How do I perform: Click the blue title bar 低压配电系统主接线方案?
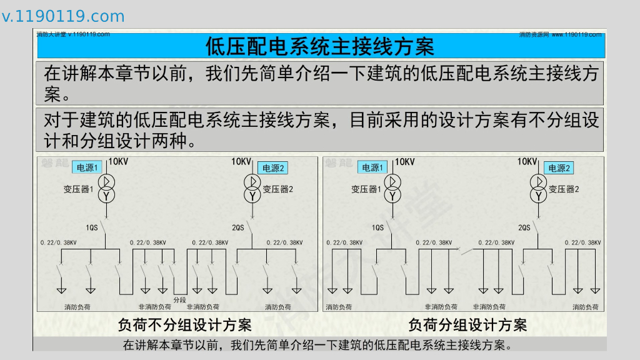(320, 46)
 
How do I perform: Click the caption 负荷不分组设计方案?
(185, 325)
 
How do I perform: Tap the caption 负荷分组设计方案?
(467, 325)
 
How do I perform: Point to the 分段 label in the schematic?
(180, 300)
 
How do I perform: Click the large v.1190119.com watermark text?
(63, 16)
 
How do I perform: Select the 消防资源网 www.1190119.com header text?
(560, 34)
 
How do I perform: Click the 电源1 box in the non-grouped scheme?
(87, 167)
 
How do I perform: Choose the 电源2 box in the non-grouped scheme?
(273, 168)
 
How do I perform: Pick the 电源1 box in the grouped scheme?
(372, 167)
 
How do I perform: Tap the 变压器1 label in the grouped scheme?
(366, 189)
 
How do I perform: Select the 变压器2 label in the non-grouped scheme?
(277, 189)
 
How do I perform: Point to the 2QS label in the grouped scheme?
(524, 227)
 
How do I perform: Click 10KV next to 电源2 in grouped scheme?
(527, 162)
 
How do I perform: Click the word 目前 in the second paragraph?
(362, 119)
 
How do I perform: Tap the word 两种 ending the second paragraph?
(169, 141)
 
